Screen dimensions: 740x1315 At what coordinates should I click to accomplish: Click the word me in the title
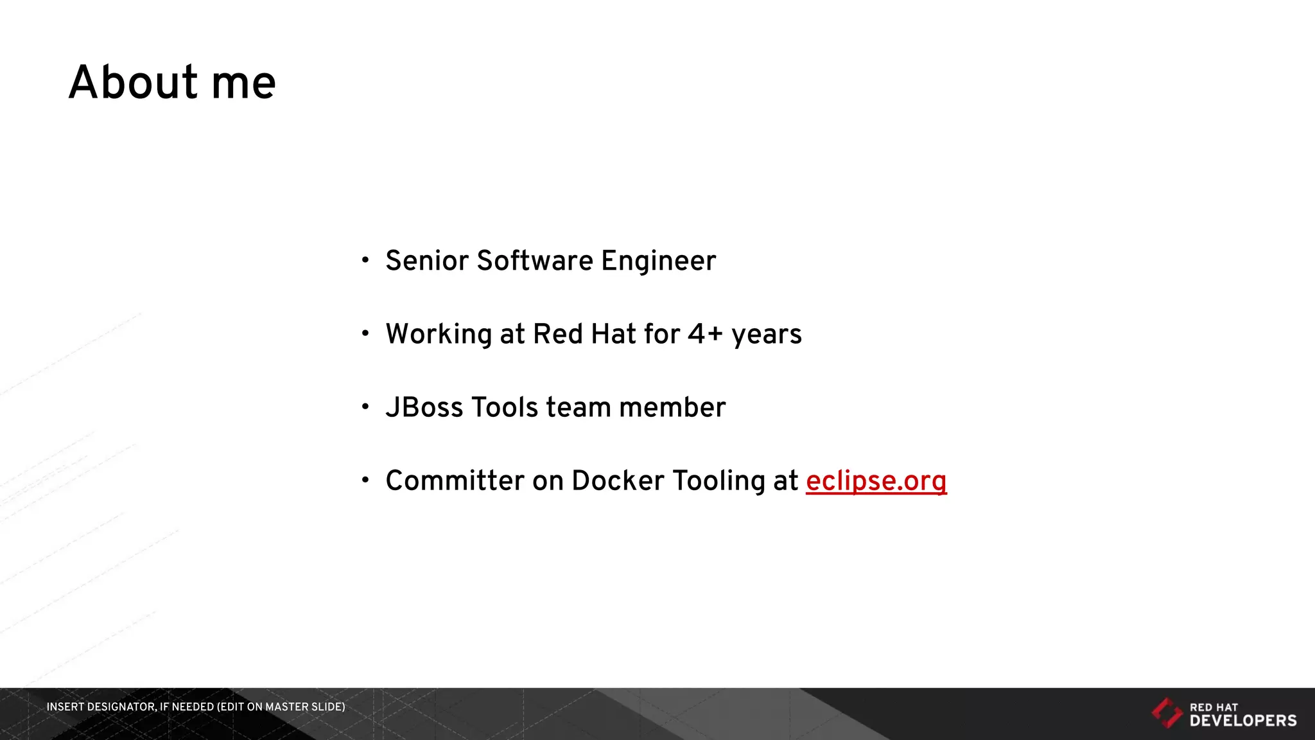243,84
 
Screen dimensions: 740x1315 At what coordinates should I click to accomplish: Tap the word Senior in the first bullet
427,261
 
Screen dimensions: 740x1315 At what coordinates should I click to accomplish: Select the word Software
535,261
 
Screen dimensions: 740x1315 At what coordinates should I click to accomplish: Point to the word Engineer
658,261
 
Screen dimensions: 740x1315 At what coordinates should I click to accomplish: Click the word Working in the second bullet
439,335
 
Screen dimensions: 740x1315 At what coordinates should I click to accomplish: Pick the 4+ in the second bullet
705,334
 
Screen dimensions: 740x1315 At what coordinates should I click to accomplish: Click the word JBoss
424,407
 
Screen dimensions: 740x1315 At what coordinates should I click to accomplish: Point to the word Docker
618,480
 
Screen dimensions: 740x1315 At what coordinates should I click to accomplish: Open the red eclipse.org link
876,481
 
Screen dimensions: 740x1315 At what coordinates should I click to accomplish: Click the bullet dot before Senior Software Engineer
365,260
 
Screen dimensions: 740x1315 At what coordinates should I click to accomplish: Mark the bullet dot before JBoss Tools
365,407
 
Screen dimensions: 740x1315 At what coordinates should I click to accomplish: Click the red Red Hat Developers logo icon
1166,713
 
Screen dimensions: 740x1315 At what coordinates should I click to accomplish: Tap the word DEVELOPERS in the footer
1243,721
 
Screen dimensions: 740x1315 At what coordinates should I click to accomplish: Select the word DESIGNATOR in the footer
120,707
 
